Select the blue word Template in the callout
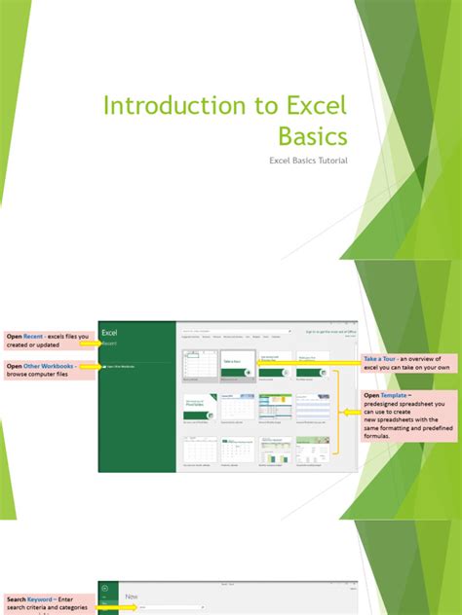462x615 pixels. (x=401, y=396)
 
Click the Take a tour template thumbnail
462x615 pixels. (x=238, y=364)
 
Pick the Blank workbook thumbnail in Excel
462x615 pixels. (x=199, y=364)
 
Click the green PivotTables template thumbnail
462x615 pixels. (x=199, y=406)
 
